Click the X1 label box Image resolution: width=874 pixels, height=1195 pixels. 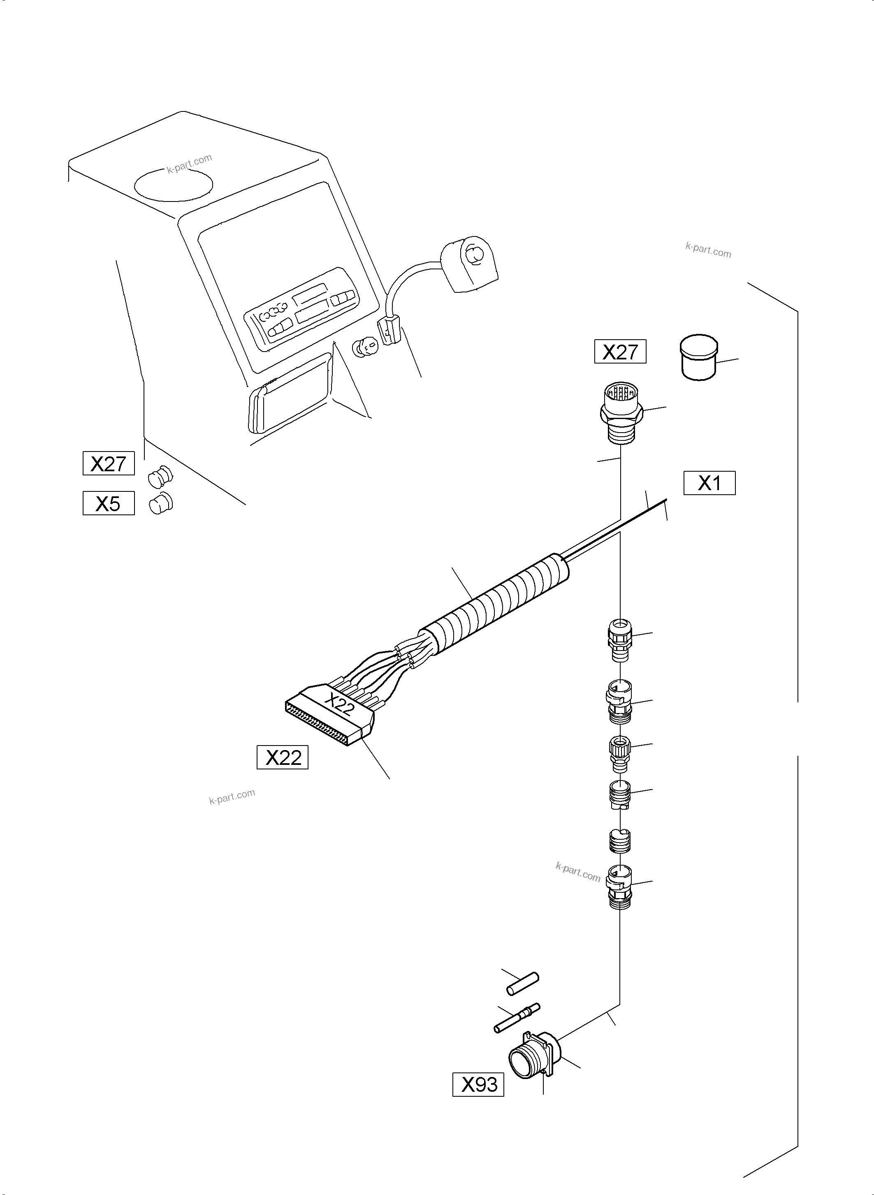point(709,483)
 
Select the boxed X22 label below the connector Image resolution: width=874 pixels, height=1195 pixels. point(282,757)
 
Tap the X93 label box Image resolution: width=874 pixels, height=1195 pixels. point(478,1085)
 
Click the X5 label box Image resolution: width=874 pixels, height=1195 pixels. point(109,503)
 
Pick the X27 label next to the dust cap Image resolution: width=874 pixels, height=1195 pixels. point(620,352)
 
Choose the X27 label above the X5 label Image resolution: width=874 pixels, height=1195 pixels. point(109,463)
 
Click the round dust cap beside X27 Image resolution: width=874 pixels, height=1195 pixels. point(698,357)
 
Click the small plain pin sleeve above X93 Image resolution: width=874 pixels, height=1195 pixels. point(523,983)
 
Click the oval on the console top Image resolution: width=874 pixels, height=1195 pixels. point(174,184)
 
